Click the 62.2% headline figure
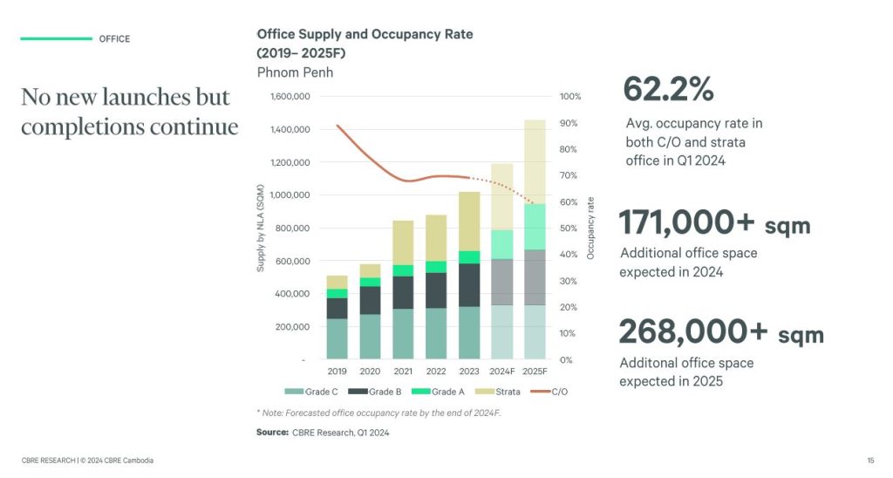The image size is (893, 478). coord(668,89)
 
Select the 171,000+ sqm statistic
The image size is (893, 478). coord(714,223)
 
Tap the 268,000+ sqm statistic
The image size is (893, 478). coord(720,333)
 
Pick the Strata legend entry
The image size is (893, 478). coord(502,392)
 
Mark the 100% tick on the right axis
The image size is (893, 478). coord(570,97)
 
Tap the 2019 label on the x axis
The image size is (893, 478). coord(337,372)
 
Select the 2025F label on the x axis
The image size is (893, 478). coord(534,372)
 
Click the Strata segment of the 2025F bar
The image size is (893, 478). coord(534,161)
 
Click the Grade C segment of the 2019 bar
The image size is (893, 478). coord(337,338)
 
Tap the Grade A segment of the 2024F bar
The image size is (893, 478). coord(501,244)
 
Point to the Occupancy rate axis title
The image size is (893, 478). coord(590,228)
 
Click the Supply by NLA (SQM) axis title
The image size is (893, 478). coord(261,228)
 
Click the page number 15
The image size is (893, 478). coord(870,460)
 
